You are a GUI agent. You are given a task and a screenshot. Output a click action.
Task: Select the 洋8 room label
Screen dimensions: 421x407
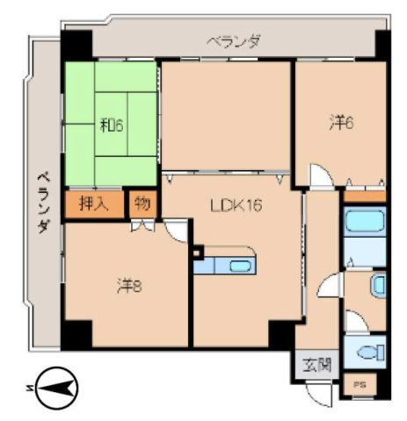(128, 285)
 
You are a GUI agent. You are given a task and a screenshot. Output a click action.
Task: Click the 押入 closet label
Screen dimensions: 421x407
(94, 205)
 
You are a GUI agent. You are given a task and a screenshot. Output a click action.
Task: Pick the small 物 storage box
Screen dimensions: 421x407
(142, 205)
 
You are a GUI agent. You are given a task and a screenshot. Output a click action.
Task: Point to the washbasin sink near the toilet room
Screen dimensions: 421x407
(376, 285)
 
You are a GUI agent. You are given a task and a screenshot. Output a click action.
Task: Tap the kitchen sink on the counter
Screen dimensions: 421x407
(238, 266)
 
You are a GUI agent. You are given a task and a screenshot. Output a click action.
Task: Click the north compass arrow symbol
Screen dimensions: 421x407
(54, 387)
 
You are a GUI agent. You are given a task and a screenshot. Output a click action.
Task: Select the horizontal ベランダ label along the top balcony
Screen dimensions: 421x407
(233, 40)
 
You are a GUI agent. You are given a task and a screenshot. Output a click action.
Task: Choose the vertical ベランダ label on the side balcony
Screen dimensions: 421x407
(41, 201)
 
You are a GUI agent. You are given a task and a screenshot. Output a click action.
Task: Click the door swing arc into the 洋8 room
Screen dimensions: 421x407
(176, 231)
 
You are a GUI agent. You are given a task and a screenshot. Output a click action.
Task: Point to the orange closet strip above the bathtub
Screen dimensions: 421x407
(364, 196)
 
